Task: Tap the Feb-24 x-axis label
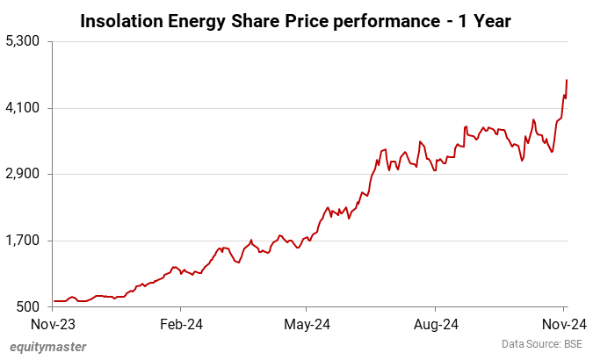click(180, 323)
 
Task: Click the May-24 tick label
click(307, 323)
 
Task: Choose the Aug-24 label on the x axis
click(437, 323)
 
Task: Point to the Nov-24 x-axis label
click(563, 323)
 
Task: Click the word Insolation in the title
click(120, 19)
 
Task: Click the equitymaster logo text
click(48, 346)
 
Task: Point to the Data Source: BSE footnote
click(542, 343)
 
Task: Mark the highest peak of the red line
click(567, 80)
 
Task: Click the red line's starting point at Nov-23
click(54, 301)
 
